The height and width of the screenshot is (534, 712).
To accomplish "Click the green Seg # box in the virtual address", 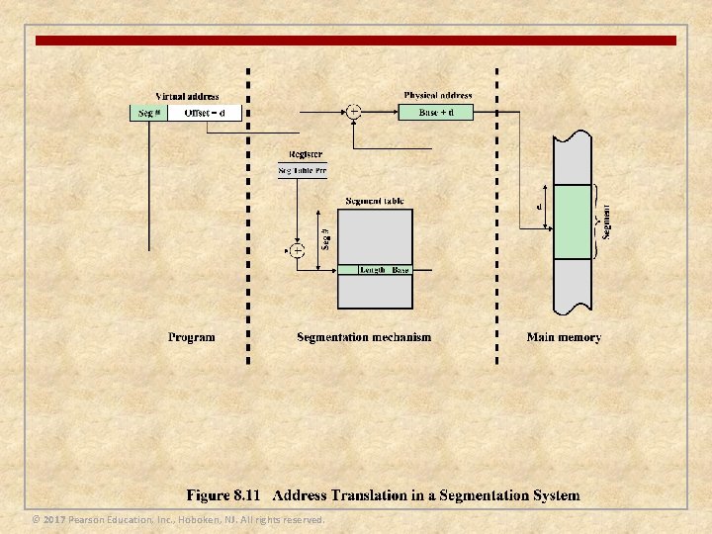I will (149, 113).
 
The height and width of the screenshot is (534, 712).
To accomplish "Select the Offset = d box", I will (212, 113).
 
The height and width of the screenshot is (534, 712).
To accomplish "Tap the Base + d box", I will (436, 112).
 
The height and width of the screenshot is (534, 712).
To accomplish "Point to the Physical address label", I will (437, 95).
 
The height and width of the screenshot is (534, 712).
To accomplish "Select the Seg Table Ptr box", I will (303, 171).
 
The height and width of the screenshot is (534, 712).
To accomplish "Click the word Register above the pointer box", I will (305, 154).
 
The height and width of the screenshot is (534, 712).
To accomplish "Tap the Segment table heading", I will (374, 201).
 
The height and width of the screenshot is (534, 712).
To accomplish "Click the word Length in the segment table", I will (373, 270).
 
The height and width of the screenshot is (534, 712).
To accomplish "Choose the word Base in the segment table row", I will (400, 270).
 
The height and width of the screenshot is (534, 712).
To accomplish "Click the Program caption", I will (191, 337).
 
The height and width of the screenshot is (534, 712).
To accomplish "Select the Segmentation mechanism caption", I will (364, 337).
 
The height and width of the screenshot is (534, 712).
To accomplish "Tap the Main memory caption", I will (564, 337).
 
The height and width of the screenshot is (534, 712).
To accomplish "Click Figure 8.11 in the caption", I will (224, 495).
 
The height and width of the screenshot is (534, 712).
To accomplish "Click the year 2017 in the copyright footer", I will (53, 520).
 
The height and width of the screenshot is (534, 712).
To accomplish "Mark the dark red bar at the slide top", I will (356, 41).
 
